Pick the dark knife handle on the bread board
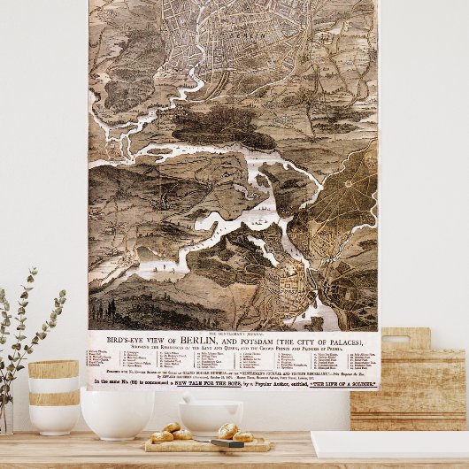click(x=227, y=442)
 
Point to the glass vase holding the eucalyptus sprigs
click(x=6, y=416)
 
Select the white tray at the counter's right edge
click(x=389, y=443)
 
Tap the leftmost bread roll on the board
click(x=162, y=435)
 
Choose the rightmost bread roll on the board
click(x=242, y=435)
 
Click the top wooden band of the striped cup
click(x=53, y=369)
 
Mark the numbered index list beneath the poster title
click(x=233, y=360)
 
